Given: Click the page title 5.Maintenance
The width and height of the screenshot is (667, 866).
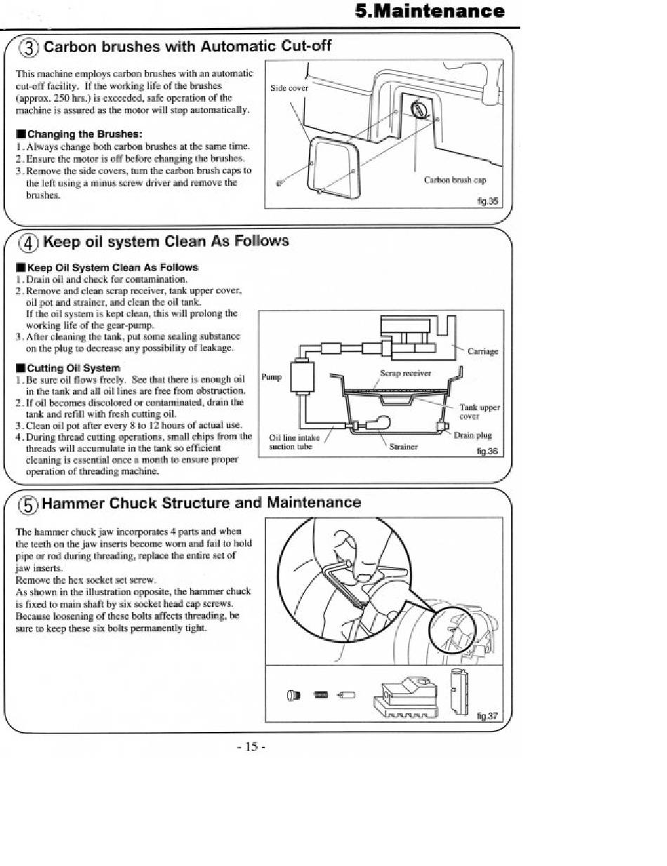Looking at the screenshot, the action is click(430, 11).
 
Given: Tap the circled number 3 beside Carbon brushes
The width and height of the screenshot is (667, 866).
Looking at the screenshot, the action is click(29, 48).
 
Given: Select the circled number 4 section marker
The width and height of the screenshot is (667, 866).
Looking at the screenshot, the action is click(29, 243).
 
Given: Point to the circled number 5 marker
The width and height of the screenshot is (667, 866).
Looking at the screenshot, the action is click(29, 505).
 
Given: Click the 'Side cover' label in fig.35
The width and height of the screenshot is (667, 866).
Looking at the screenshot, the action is click(289, 88).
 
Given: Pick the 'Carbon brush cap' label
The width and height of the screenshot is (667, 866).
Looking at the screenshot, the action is click(455, 180).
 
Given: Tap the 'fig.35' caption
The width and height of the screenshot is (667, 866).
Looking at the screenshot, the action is click(487, 201).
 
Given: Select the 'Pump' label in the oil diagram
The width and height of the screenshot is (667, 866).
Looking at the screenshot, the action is click(272, 377).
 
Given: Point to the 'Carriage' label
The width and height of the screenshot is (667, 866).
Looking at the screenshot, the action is click(483, 352).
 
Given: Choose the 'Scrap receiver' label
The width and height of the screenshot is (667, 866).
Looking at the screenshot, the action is click(405, 373).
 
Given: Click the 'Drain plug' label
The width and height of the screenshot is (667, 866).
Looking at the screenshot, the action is click(473, 436).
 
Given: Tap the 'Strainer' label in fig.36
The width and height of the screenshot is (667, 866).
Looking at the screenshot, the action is click(404, 447).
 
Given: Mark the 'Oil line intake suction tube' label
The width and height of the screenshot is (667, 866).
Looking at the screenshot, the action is click(294, 442).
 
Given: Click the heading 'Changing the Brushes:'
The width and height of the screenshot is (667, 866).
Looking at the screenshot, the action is click(80, 134).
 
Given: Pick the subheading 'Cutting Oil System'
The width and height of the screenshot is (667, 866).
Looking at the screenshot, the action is click(68, 368).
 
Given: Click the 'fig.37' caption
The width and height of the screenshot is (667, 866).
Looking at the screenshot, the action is click(487, 716).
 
